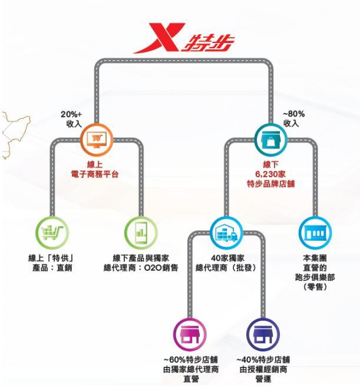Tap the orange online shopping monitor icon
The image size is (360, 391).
coord(97,140)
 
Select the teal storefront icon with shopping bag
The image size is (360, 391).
coord(270,140)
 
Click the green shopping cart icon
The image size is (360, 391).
coord(52,233)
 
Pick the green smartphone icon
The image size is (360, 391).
coord(141,233)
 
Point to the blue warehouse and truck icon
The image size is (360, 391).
coord(226,233)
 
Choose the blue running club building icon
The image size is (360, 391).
coord(315,233)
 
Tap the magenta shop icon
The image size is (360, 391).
coord(190,334)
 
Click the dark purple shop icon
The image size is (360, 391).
coord(263,334)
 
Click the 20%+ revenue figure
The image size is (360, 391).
coord(71,114)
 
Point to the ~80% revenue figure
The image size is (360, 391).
coord(293,114)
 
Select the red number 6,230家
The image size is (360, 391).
coord(270,174)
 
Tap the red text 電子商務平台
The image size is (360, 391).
coord(94,174)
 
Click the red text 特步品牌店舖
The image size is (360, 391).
coord(270,184)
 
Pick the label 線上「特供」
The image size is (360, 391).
coord(52,258)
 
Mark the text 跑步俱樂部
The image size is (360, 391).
coord(315,277)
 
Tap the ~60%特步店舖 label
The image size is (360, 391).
coord(191,360)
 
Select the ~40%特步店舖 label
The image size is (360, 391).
coord(263,360)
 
